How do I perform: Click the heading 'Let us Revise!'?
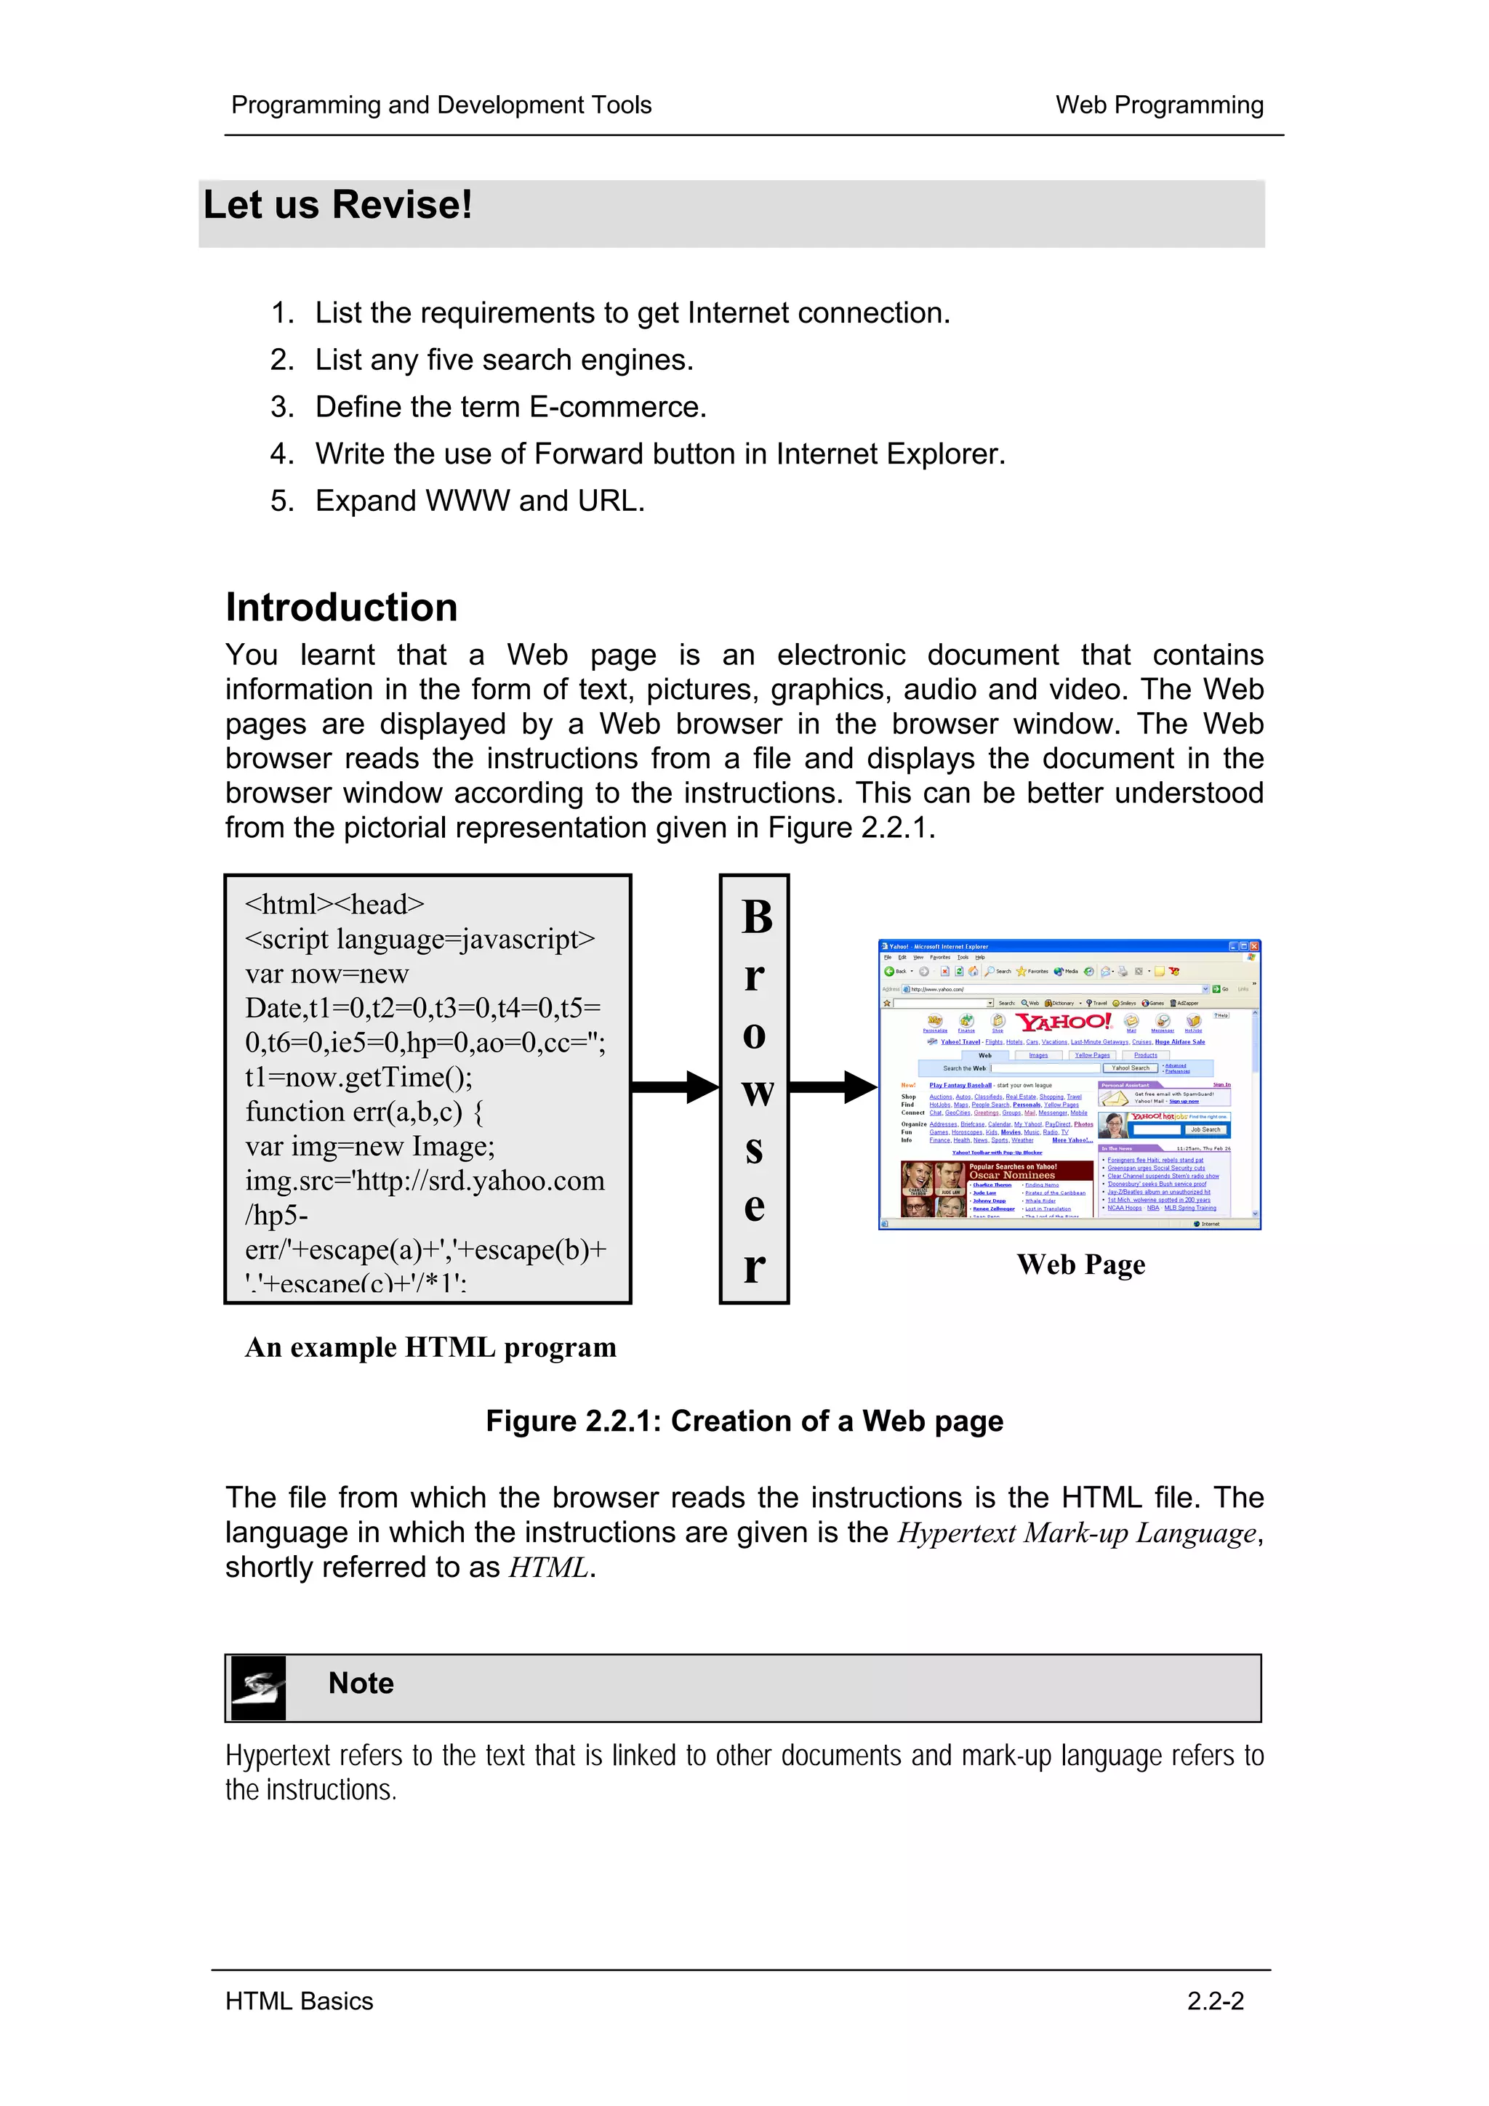(337, 204)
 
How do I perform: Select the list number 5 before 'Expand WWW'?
(281, 501)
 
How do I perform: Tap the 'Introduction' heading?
(341, 608)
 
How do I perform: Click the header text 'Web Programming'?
(1159, 105)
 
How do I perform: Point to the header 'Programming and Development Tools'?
(441, 105)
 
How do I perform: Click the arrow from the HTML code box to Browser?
(674, 1088)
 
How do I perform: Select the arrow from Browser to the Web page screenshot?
(832, 1088)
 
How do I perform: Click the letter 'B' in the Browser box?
(756, 917)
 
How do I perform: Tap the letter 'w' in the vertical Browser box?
(756, 1092)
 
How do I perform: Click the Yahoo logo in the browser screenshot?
(1063, 1022)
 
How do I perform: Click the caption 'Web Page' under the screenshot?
(1080, 1265)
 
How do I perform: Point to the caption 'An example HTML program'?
(430, 1347)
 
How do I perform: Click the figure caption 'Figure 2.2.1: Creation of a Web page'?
(744, 1421)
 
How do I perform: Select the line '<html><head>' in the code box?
(335, 905)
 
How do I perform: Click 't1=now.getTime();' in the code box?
(358, 1078)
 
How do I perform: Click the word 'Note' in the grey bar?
(361, 1684)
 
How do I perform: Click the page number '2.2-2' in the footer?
(1215, 2001)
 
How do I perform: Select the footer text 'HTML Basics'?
(299, 2001)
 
